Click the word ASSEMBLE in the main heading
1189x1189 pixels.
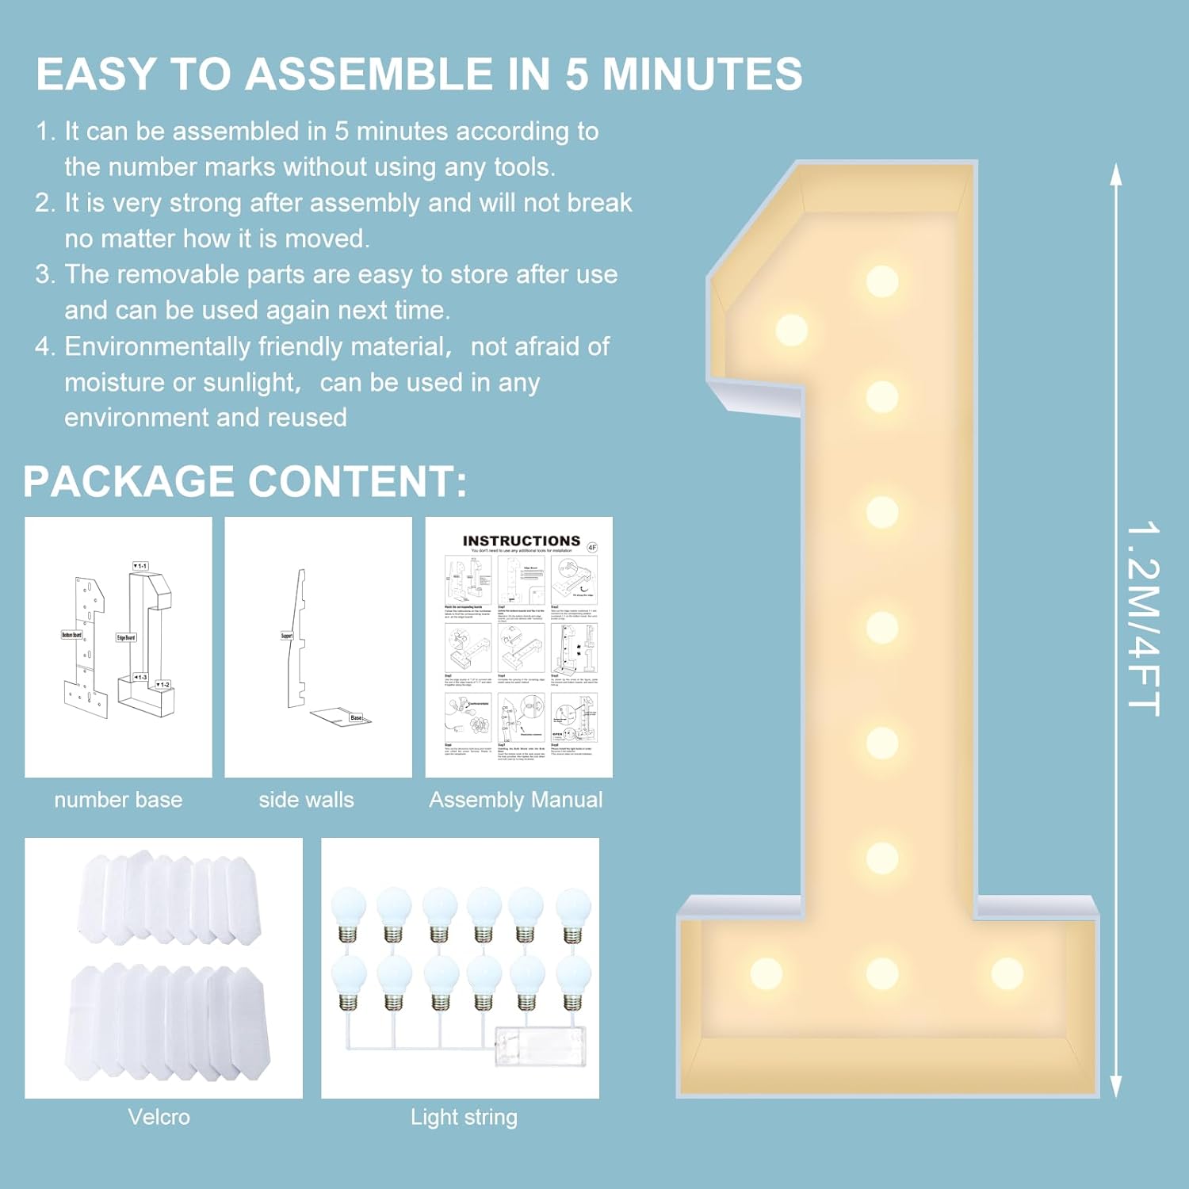click(369, 75)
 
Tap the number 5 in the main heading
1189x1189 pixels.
click(576, 75)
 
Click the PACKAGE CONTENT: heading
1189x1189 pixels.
click(245, 481)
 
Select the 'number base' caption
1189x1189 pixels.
click(118, 800)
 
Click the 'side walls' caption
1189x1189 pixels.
click(306, 800)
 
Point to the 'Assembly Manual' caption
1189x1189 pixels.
click(516, 800)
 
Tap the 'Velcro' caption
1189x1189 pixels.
click(159, 1117)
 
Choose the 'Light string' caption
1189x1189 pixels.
click(464, 1117)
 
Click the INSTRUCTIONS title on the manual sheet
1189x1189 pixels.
click(521, 541)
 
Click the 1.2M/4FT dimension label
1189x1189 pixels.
click(1143, 618)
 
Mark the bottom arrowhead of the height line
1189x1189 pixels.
click(1115, 1088)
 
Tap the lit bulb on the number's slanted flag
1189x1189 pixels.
click(791, 330)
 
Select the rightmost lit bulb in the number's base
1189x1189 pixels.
click(1007, 973)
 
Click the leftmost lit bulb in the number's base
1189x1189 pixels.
click(766, 973)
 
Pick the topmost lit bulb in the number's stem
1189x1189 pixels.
click(882, 281)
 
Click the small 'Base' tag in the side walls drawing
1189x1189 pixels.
click(356, 717)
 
